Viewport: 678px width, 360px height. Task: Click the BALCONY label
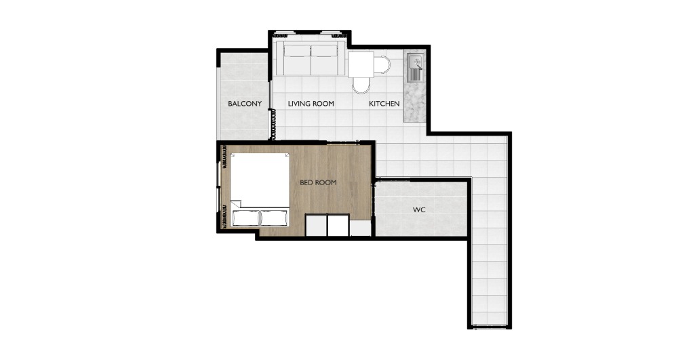(245, 104)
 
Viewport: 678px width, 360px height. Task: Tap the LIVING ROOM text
(311, 104)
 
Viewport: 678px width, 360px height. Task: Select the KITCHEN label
(384, 104)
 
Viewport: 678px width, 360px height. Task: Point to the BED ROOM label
(318, 183)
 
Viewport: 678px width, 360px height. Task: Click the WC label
(419, 210)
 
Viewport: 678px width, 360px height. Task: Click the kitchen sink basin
(415, 62)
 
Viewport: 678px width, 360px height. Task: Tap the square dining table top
(361, 64)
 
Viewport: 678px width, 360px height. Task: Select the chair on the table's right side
(382, 65)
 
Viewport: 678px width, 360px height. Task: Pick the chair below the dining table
(361, 85)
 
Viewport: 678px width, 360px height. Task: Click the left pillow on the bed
(246, 218)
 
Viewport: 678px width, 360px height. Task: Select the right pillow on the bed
(274, 218)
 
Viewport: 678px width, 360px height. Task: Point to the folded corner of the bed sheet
(236, 203)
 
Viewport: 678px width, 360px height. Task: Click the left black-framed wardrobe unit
(316, 225)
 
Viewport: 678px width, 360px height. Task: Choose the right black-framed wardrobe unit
(338, 225)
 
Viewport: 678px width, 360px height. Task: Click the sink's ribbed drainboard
(415, 75)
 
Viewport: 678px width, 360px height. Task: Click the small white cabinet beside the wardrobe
(360, 228)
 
